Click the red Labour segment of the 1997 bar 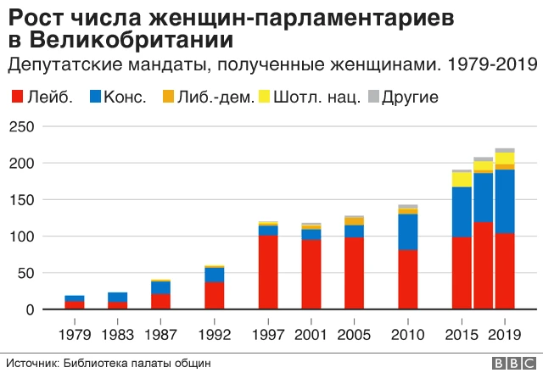point(267,272)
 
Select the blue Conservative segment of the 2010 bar point(407,231)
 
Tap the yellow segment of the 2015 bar point(462,179)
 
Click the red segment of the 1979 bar point(75,305)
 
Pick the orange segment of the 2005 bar point(353,221)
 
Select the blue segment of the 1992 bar point(214,275)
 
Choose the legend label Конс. point(125,97)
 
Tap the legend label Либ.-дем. point(217,97)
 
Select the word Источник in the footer point(33,363)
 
